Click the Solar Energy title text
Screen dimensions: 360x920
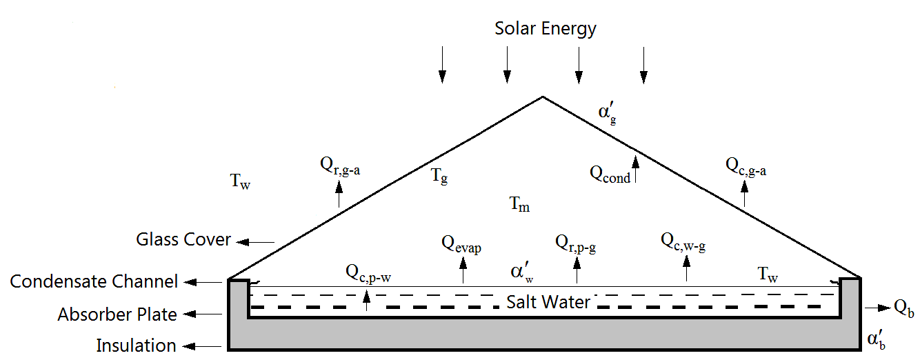coord(546,29)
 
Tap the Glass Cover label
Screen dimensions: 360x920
coord(183,240)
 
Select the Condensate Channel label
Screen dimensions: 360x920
coord(94,282)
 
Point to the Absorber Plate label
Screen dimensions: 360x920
coord(117,314)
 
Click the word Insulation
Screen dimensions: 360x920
coord(136,345)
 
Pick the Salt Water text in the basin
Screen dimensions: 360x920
coord(548,302)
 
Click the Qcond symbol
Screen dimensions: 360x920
coord(610,174)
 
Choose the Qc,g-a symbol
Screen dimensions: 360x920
coord(746,166)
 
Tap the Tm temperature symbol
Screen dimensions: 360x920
coord(519,204)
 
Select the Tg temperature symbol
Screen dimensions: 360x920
coord(440,177)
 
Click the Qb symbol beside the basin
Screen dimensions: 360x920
coord(903,309)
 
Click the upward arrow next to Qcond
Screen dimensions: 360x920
coord(637,168)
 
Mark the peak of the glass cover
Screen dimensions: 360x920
coord(543,97)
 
